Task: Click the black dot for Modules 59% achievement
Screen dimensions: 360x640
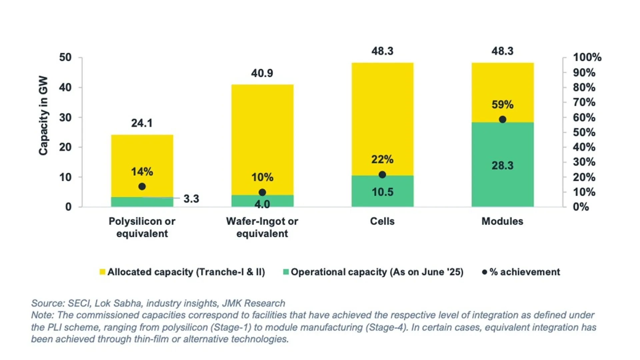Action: (x=502, y=119)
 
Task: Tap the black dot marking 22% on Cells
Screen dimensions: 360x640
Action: (x=382, y=175)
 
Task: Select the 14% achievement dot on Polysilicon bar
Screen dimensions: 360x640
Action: (x=142, y=187)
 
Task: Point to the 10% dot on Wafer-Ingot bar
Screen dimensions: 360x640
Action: (x=262, y=192)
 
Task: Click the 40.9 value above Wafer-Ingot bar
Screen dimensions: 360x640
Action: (x=262, y=73)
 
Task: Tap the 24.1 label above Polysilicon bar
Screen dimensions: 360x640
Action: (x=142, y=123)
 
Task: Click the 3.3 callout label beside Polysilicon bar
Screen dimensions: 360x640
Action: (x=191, y=199)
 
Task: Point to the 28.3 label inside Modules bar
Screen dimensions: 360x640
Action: (x=502, y=165)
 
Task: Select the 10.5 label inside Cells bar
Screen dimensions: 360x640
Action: (x=382, y=192)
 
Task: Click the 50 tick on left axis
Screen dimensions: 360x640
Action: (x=65, y=57)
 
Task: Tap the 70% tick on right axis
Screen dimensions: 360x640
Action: (x=584, y=102)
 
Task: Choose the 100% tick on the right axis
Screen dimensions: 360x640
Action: (x=587, y=57)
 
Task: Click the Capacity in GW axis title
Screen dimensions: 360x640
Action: (x=43, y=116)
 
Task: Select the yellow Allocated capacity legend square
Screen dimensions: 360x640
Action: (x=102, y=272)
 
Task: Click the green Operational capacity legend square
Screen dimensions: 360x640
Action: (x=286, y=272)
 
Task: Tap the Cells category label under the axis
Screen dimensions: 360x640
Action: (x=382, y=221)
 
